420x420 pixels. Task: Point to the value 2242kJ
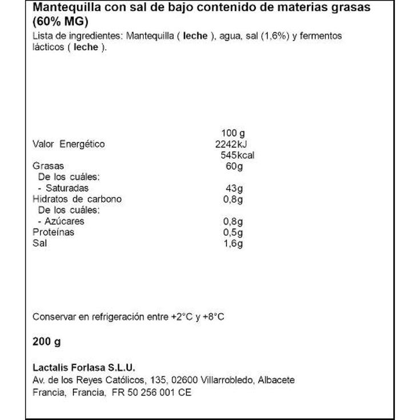(x=232, y=144)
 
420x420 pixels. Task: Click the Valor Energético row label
(x=69, y=144)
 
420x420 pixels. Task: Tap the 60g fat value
(x=234, y=166)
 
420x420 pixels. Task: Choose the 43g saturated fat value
(x=235, y=188)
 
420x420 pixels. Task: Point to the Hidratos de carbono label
(x=77, y=199)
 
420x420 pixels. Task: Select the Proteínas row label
(x=54, y=233)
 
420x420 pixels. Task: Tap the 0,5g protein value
(x=233, y=233)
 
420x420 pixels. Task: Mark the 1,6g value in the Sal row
(x=233, y=243)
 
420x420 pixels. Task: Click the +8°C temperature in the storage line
(x=214, y=316)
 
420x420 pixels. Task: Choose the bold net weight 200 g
(x=46, y=342)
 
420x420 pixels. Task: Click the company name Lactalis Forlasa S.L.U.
(x=83, y=368)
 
